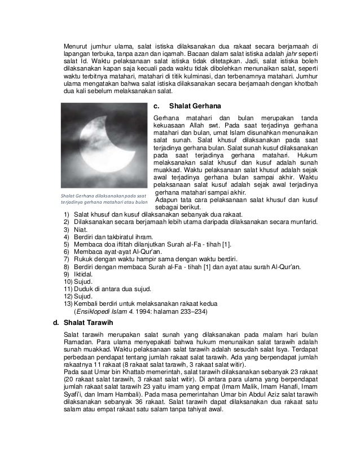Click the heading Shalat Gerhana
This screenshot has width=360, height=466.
(x=195, y=105)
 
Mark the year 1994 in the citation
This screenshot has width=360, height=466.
(x=149, y=311)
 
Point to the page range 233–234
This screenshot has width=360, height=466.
(x=193, y=311)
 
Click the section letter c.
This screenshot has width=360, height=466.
(x=156, y=105)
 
